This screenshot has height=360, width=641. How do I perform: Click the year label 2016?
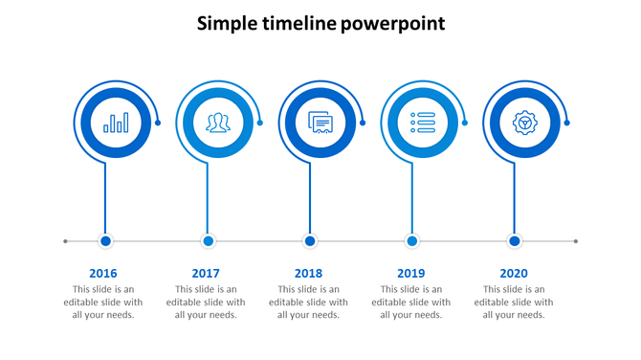103,273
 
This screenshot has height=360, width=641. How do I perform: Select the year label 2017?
206,273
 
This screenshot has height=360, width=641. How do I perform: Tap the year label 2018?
309,273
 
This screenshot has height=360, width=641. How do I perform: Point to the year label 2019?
411,273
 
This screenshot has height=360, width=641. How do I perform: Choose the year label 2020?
514,273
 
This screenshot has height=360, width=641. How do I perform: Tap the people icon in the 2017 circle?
218,123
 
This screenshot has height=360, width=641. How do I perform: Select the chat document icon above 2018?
320,123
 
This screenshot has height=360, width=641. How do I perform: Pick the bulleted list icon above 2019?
422,123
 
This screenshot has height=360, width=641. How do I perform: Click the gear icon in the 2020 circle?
523,123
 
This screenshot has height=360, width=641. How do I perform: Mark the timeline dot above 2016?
106,241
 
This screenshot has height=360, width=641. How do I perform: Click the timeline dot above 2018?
310,241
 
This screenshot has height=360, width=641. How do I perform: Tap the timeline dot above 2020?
515,241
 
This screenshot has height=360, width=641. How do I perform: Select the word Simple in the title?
227,23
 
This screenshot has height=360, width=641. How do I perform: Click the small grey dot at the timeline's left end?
65,241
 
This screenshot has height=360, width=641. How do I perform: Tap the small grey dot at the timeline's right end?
576,241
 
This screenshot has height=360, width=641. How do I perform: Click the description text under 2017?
206,302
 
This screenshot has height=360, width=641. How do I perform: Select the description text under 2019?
411,302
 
